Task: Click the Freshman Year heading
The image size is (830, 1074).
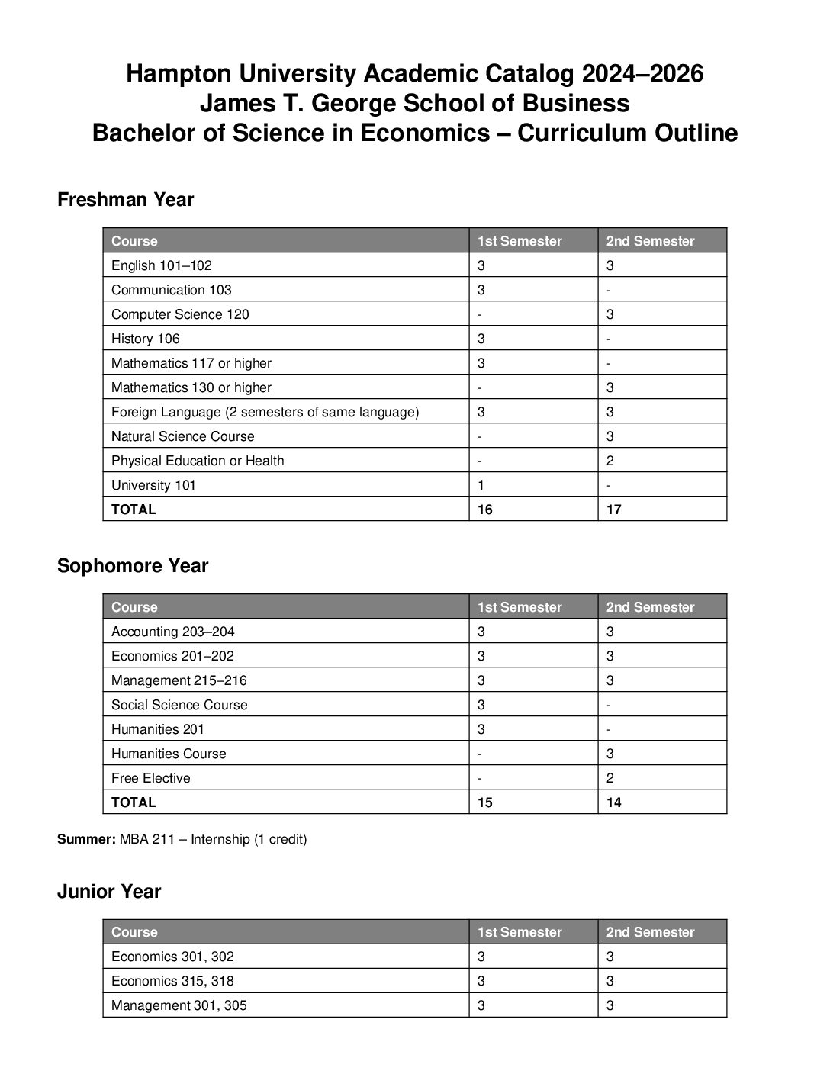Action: [x=125, y=200]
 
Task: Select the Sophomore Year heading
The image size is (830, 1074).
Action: [x=132, y=566]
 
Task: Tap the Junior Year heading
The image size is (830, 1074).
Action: [x=109, y=892]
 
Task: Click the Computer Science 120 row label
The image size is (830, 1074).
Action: [x=180, y=314]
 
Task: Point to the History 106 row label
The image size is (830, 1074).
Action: [x=146, y=339]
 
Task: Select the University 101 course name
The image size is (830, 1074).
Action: [x=153, y=485]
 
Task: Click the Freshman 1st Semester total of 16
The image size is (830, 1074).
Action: [x=485, y=510]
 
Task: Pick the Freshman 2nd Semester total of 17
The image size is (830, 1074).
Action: [x=614, y=510]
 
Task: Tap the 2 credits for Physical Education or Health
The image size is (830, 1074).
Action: [x=610, y=461]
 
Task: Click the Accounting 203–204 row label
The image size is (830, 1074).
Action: [x=173, y=632]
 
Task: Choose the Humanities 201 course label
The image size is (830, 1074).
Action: [x=158, y=729]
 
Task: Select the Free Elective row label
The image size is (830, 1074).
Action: [x=151, y=778]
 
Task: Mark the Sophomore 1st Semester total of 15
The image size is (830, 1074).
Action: [x=485, y=802]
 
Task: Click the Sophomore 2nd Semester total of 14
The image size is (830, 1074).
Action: [x=614, y=802]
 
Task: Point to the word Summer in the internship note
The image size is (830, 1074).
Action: [x=86, y=840]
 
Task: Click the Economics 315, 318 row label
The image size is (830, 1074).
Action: [x=172, y=981]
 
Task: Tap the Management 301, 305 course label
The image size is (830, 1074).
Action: [x=179, y=1005]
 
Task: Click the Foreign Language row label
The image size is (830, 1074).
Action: [x=265, y=412]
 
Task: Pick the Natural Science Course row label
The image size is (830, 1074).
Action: [x=183, y=436]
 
